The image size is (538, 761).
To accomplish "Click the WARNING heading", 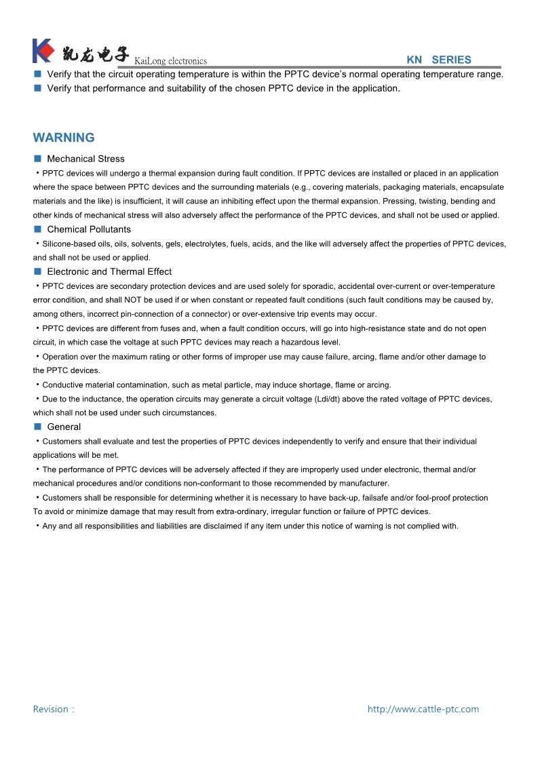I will coord(64,138).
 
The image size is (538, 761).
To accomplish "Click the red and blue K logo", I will coord(43,52).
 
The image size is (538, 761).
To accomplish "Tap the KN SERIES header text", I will coord(438,60).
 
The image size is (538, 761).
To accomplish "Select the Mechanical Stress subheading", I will coord(85,159).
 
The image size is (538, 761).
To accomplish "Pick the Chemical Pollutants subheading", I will coord(89,229).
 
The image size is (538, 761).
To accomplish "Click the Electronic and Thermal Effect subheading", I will coord(109,272).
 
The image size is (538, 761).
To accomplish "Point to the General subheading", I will coord(64,427).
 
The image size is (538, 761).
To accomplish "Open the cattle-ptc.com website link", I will coord(423,709).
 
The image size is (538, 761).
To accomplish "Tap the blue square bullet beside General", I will coord(38,427).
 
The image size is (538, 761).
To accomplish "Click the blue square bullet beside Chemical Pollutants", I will coord(38,229).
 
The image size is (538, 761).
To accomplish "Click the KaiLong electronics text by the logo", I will coord(171,61).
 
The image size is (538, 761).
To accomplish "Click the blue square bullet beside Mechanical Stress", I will coord(38,159).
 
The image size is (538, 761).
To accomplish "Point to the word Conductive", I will coord(62,385).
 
